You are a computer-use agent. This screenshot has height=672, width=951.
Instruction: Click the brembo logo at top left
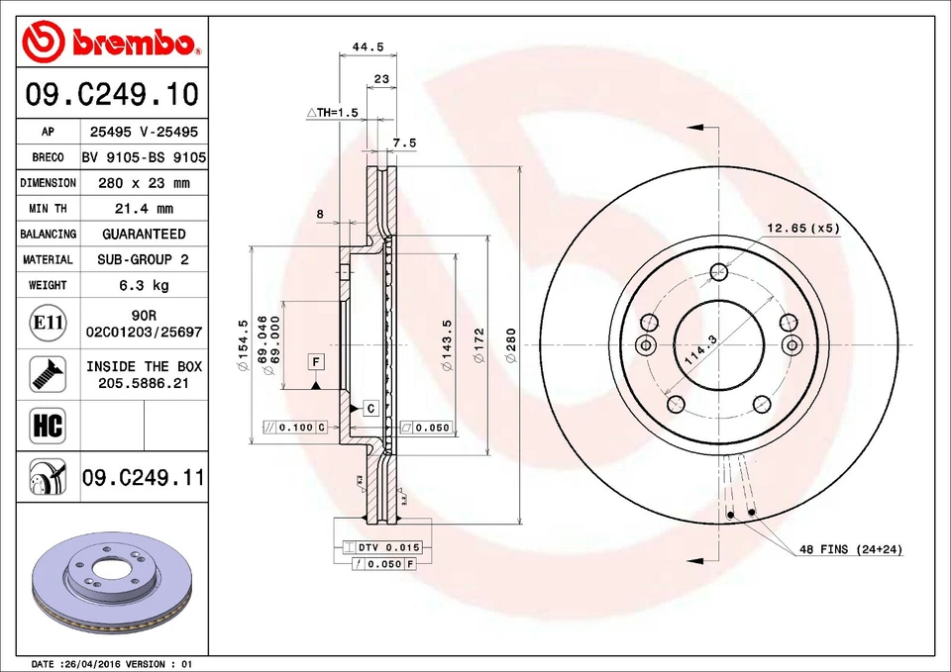tap(111, 42)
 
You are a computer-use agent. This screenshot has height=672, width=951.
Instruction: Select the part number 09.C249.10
tap(111, 94)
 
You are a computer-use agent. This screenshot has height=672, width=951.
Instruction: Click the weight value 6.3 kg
tap(144, 285)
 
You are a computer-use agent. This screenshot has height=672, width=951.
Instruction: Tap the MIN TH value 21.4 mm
tap(144, 209)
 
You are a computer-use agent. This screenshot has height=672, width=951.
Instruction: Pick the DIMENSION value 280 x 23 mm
tap(144, 183)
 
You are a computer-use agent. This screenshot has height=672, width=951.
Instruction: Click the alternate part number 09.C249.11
tap(144, 478)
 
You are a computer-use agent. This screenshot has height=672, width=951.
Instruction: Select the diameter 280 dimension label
tap(511, 345)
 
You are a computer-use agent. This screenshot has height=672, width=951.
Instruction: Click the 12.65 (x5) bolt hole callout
tap(801, 228)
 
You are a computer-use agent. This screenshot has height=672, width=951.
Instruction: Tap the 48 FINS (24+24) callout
tap(851, 548)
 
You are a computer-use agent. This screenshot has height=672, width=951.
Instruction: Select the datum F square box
tap(316, 361)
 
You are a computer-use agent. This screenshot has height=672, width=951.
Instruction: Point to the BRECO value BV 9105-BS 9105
tap(144, 157)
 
